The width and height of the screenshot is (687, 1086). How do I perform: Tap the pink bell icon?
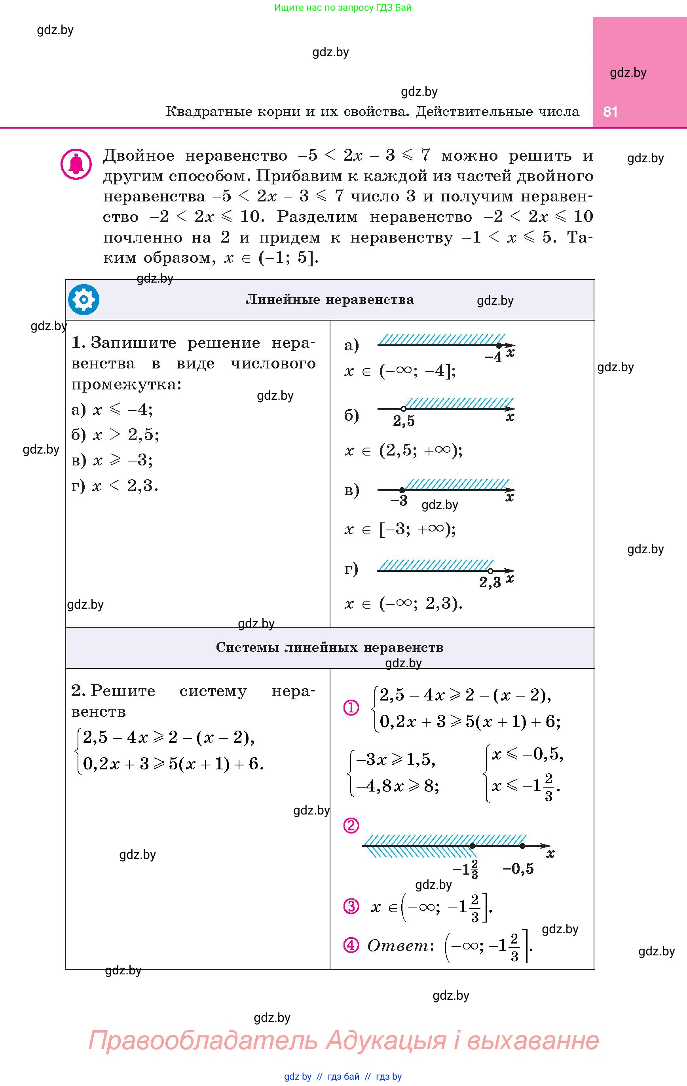pos(76,164)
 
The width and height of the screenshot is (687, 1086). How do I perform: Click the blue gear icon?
pos(84,300)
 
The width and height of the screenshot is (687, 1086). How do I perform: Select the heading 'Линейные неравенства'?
pos(329,300)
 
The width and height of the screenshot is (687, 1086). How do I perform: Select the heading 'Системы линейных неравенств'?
pos(329,647)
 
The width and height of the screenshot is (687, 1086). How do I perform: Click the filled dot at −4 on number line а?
pos(498,346)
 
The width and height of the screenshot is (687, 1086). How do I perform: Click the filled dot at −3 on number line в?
pos(402,490)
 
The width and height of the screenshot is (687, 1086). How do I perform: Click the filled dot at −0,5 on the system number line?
pos(522,846)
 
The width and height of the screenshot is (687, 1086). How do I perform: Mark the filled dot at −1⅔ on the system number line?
pos(472,846)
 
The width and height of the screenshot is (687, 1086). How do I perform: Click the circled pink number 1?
pos(351,708)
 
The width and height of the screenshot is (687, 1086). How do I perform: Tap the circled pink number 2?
pos(351,825)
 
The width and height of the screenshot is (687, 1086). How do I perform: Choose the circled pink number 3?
pos(351,906)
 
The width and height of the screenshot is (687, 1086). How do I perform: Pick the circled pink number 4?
pos(351,945)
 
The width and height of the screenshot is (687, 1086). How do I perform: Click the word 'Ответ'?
pos(398,945)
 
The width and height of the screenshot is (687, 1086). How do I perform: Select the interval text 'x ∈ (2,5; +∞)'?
pos(403,450)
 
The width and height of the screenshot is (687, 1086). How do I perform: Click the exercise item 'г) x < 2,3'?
pos(115,486)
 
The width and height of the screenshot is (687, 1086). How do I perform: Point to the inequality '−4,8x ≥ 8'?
pos(397,786)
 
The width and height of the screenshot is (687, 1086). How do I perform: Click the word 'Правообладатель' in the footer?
pos(203,1040)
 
